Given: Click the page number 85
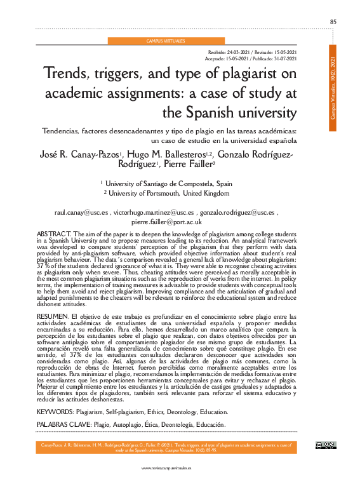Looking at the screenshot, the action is (333, 22).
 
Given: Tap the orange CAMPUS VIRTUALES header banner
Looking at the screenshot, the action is (166, 41).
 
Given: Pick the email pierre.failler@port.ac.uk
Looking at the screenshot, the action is (166, 222).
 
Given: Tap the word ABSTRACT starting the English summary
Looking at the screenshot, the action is (54, 234).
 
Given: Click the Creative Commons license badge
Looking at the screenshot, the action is (324, 445).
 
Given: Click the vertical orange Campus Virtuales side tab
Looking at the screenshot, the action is (333, 88).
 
